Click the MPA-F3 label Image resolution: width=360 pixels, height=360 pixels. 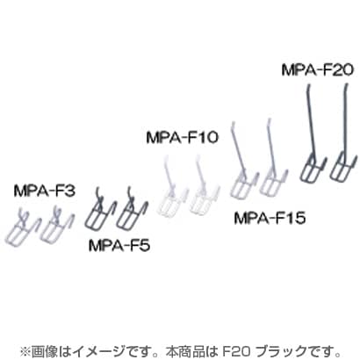(45, 191)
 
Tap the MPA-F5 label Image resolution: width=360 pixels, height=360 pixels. (119, 246)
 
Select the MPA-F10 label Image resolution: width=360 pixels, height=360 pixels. (183, 137)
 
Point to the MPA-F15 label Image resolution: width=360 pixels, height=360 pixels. (270, 218)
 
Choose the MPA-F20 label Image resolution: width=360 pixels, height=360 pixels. (318, 70)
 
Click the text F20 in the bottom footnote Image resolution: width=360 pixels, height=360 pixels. (236, 351)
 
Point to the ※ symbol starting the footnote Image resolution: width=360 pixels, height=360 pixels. (25, 351)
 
